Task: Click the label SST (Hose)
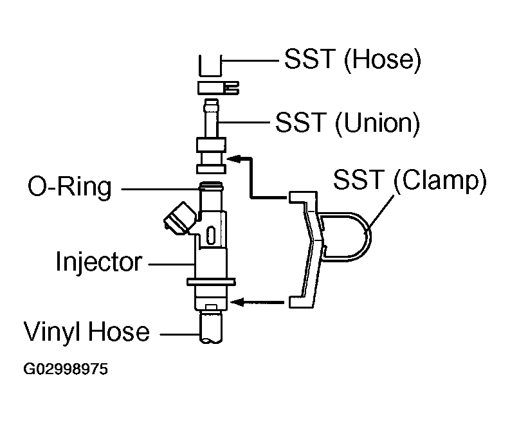click(x=352, y=60)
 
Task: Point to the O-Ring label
click(x=69, y=188)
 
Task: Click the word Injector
click(x=98, y=262)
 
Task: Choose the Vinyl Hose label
click(x=87, y=332)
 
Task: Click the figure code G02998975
click(x=66, y=370)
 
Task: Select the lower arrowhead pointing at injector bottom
click(x=239, y=300)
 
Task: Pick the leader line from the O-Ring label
click(x=158, y=188)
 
